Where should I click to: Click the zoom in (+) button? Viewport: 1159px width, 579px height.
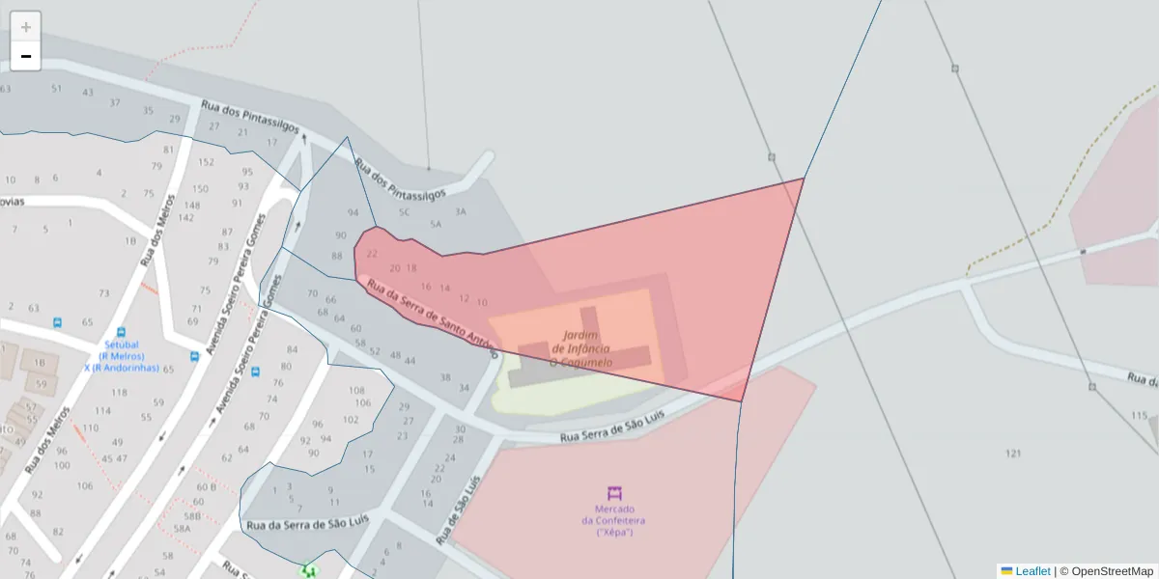tap(26, 27)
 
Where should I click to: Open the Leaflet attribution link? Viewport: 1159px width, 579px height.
tap(1032, 571)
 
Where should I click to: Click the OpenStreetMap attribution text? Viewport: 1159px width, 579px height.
tap(1112, 571)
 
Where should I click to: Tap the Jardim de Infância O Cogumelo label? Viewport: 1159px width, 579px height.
tap(581, 348)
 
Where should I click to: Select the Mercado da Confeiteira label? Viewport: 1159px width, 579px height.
tap(613, 520)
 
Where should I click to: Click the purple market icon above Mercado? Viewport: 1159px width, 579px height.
tap(614, 493)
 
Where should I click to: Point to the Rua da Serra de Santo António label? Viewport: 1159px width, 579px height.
tap(431, 314)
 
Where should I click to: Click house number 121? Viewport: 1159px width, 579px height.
tap(1013, 454)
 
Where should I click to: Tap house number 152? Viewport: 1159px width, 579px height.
tap(206, 161)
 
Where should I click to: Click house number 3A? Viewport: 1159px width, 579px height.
tap(461, 211)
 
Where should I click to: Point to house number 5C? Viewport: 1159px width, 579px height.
tap(405, 211)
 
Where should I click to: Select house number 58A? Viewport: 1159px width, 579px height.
tap(181, 528)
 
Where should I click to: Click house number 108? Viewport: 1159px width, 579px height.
tap(356, 390)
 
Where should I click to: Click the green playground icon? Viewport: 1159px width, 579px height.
tap(309, 571)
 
